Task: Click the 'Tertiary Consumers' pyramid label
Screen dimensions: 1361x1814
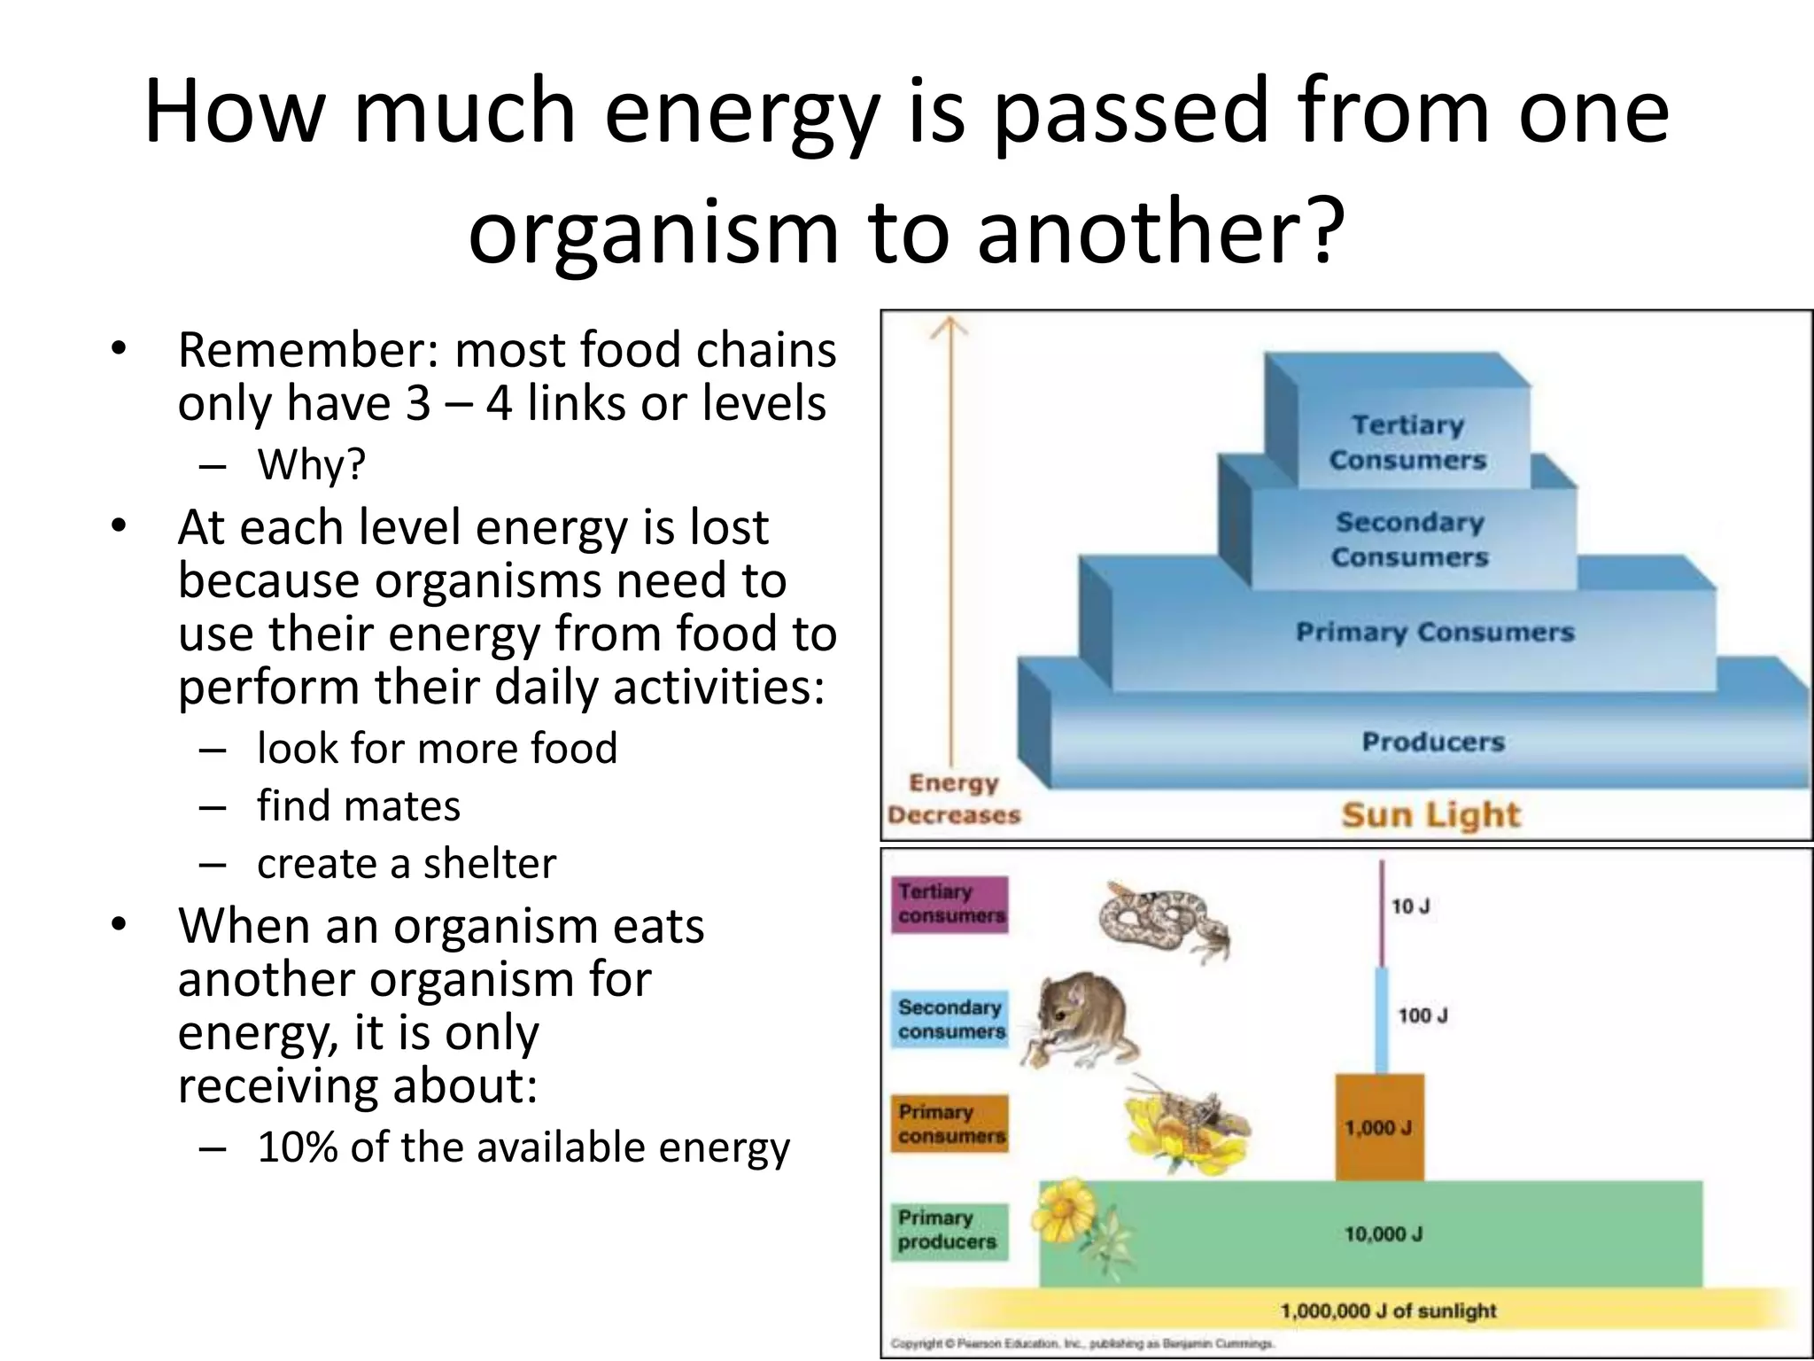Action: (1407, 443)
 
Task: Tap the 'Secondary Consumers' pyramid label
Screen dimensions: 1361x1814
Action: (1409, 540)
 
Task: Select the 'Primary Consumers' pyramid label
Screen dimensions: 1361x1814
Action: (1435, 633)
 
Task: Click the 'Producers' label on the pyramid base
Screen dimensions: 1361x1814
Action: (1433, 742)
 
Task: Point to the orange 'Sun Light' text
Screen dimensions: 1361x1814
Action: (1430, 815)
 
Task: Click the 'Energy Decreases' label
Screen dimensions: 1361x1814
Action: (954, 799)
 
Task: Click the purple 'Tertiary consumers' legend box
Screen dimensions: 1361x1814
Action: (950, 904)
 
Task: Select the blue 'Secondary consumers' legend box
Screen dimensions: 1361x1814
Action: (950, 1020)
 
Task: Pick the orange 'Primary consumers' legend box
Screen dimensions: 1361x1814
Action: (950, 1124)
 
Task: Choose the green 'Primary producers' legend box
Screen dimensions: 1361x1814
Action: (949, 1230)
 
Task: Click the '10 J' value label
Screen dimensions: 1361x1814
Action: (1410, 906)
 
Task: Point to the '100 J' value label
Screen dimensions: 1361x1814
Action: (1423, 1015)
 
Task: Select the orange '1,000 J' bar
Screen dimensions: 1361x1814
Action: (1379, 1127)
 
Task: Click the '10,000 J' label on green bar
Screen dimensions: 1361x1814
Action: (1384, 1234)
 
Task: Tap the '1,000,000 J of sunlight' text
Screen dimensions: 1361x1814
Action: (1388, 1310)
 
